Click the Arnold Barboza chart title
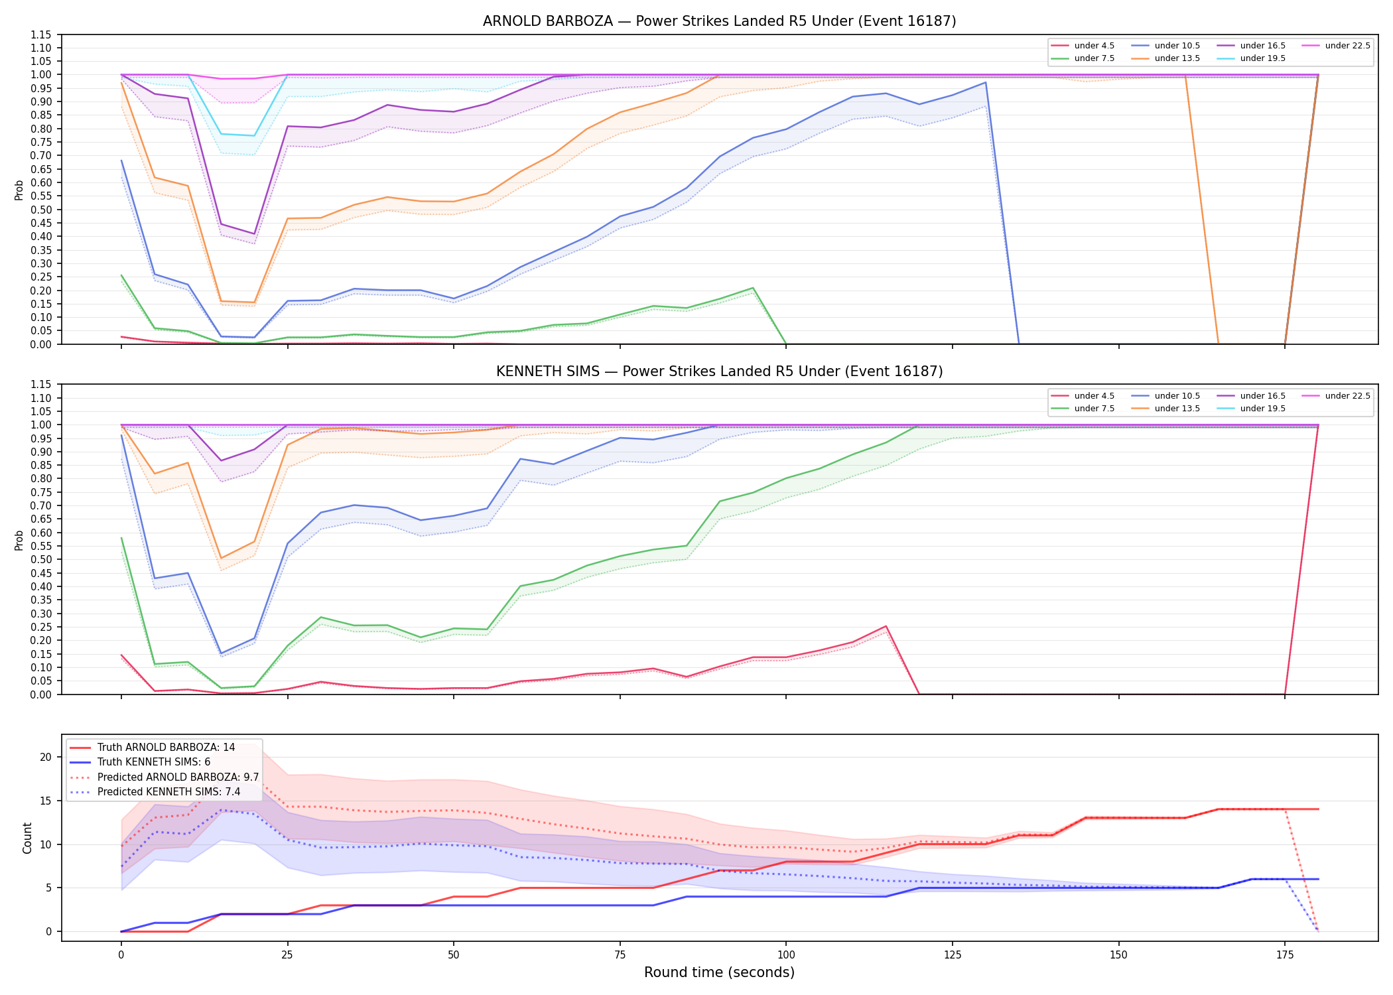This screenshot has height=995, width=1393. click(x=719, y=21)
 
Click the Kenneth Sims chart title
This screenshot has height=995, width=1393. click(x=719, y=371)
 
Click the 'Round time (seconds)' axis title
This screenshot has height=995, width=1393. click(x=719, y=972)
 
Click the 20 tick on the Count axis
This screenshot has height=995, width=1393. click(x=46, y=758)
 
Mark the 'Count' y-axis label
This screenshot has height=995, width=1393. click(x=27, y=838)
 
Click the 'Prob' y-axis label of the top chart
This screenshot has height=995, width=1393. click(x=19, y=190)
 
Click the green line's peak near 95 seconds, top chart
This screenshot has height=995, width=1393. click(x=752, y=288)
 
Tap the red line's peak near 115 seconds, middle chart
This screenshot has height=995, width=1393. click(x=886, y=626)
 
